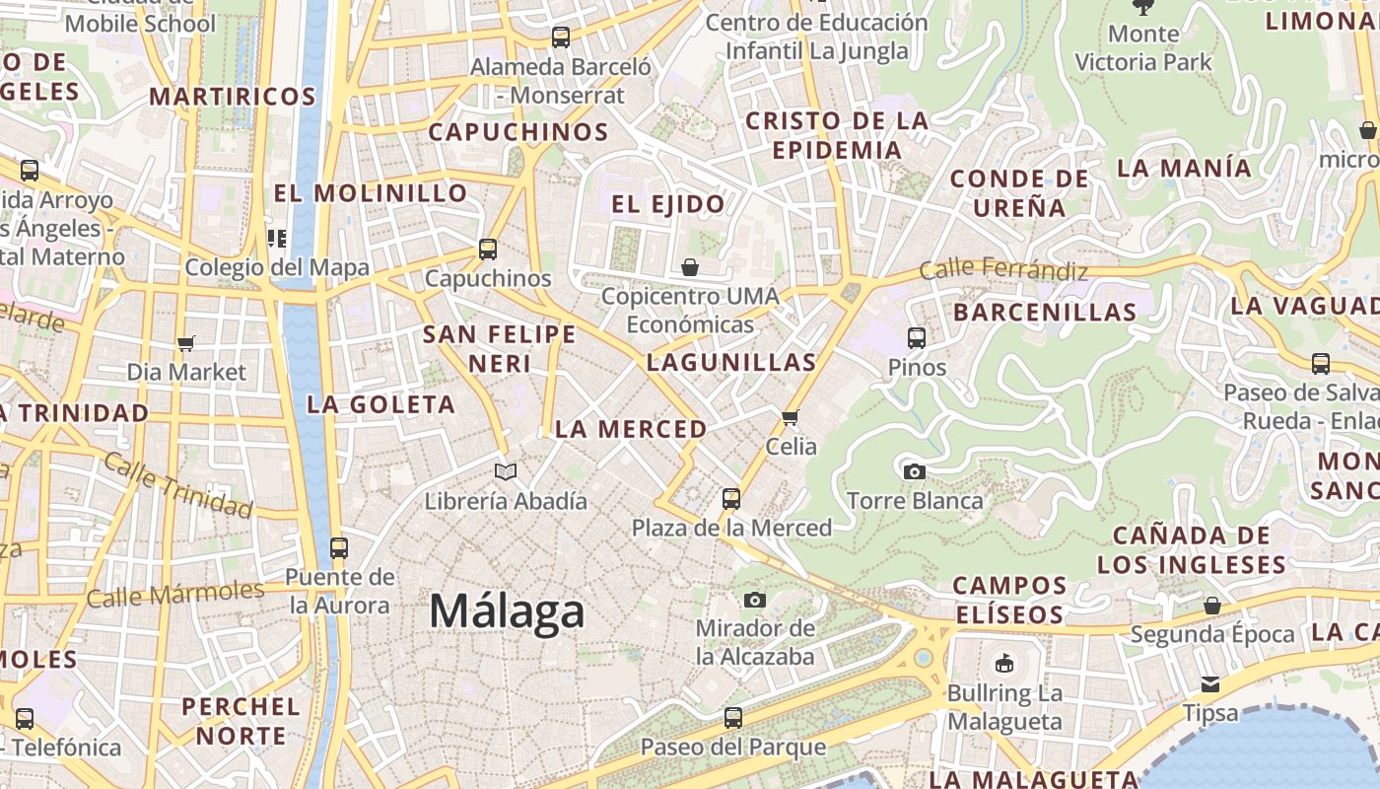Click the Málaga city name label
pyautogui.click(x=507, y=611)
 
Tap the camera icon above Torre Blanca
pyautogui.click(x=915, y=471)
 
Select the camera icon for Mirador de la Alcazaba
pyautogui.click(x=755, y=600)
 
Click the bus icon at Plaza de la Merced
pyautogui.click(x=730, y=499)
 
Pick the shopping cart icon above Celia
pyautogui.click(x=790, y=418)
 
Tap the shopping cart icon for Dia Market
pyautogui.click(x=186, y=343)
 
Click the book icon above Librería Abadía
pyautogui.click(x=506, y=472)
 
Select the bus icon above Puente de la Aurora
pyautogui.click(x=339, y=547)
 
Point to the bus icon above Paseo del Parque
pyautogui.click(x=732, y=718)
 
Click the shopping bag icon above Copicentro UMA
pyautogui.click(x=690, y=267)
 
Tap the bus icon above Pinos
pyautogui.click(x=917, y=338)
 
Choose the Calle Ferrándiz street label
pyautogui.click(x=1003, y=269)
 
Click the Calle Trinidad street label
pyautogui.click(x=177, y=484)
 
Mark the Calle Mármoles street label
pyautogui.click(x=175, y=595)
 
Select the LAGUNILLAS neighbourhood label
pyautogui.click(x=731, y=362)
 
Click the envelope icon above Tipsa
pyautogui.click(x=1210, y=684)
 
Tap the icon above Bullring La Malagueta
pyautogui.click(x=1004, y=663)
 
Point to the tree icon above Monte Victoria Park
pyautogui.click(x=1143, y=8)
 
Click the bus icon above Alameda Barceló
pyautogui.click(x=561, y=37)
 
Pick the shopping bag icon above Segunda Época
pyautogui.click(x=1212, y=606)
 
